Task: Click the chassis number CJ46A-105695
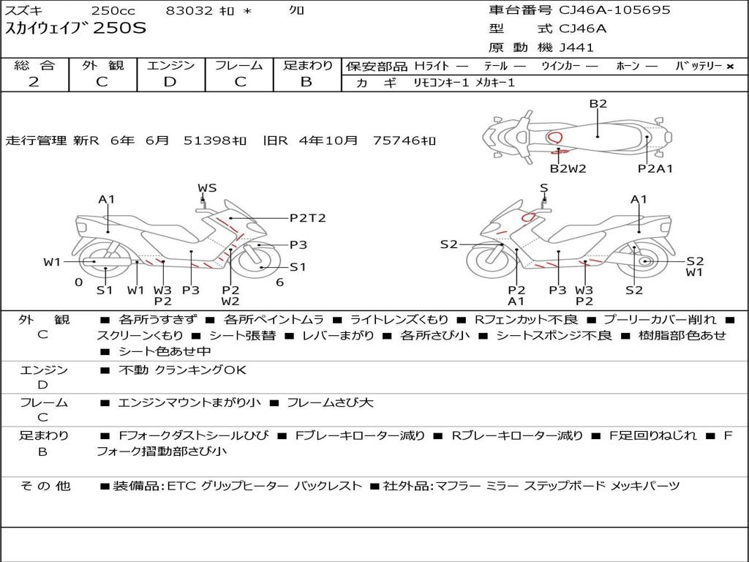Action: [614, 10]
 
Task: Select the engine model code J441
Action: [576, 48]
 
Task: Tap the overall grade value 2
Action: [34, 82]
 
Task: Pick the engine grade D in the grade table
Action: [170, 82]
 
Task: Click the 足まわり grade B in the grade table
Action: [306, 82]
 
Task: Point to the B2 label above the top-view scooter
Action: [598, 104]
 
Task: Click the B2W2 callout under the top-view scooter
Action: [568, 168]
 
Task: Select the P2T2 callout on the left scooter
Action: [308, 218]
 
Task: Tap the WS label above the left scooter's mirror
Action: [207, 188]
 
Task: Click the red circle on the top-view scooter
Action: [554, 138]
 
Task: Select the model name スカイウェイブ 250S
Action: [75, 29]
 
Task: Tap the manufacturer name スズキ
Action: [23, 10]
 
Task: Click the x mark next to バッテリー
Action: [730, 67]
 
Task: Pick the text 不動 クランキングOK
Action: [182, 370]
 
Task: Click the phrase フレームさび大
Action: [330, 403]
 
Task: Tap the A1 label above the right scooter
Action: [639, 199]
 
